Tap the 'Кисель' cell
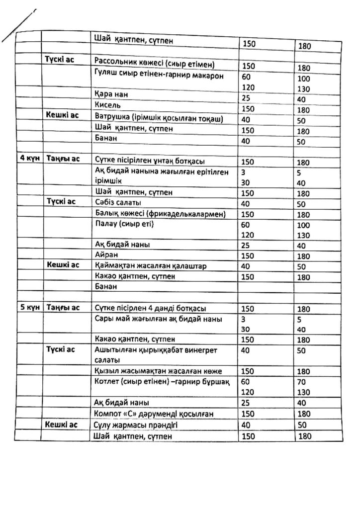click(x=107, y=106)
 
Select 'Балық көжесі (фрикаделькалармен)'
click(x=160, y=214)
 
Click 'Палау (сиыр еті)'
click(x=124, y=224)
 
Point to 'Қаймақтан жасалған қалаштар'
click(x=150, y=266)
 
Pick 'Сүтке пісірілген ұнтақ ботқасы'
click(x=149, y=161)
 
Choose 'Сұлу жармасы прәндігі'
click(x=136, y=425)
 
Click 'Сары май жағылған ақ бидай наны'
click(x=158, y=319)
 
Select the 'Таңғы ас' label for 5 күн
click(x=63, y=308)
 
